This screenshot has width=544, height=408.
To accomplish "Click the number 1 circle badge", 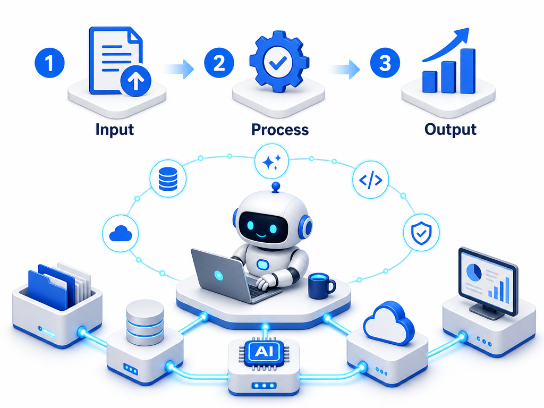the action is point(49,63).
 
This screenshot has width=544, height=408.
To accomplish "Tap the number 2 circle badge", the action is point(219,63).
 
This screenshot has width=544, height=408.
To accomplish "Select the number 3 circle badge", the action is point(385,63).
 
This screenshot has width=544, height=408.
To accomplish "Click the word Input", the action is point(115,130).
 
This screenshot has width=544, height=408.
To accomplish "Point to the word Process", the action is point(280,130).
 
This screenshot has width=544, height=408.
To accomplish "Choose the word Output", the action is point(450,130).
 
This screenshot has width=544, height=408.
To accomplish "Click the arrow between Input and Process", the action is point(178,69).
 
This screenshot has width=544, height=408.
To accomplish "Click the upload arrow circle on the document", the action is point(135,81).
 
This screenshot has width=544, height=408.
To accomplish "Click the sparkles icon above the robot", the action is point(271,161).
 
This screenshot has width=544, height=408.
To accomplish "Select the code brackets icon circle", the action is point(370,180).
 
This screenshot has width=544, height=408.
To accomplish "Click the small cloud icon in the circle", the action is point(121,234).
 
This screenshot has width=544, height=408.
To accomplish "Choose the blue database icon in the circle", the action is point(168,179).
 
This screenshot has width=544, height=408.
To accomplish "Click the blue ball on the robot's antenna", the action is point(276,186).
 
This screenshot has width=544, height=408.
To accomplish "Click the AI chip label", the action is point(263,352).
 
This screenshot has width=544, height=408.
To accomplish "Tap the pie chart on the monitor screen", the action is point(473,272).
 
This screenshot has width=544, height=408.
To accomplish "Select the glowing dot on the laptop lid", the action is point(218,275).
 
